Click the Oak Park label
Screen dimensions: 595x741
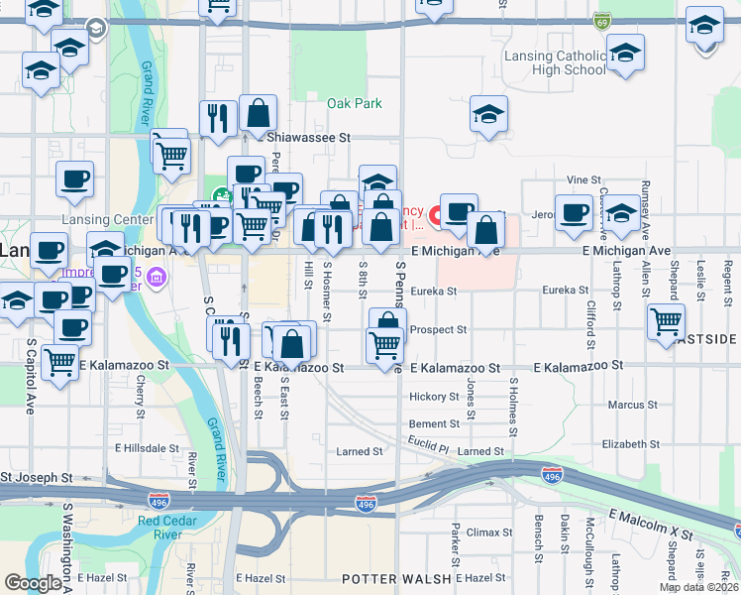click(355, 103)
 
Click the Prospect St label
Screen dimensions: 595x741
click(438, 329)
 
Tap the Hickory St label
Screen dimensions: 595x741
click(434, 397)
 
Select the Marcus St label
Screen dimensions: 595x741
click(625, 405)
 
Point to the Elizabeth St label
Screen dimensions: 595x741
click(630, 444)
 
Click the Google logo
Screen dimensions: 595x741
click(33, 583)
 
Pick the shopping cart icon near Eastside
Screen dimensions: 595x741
click(666, 321)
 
